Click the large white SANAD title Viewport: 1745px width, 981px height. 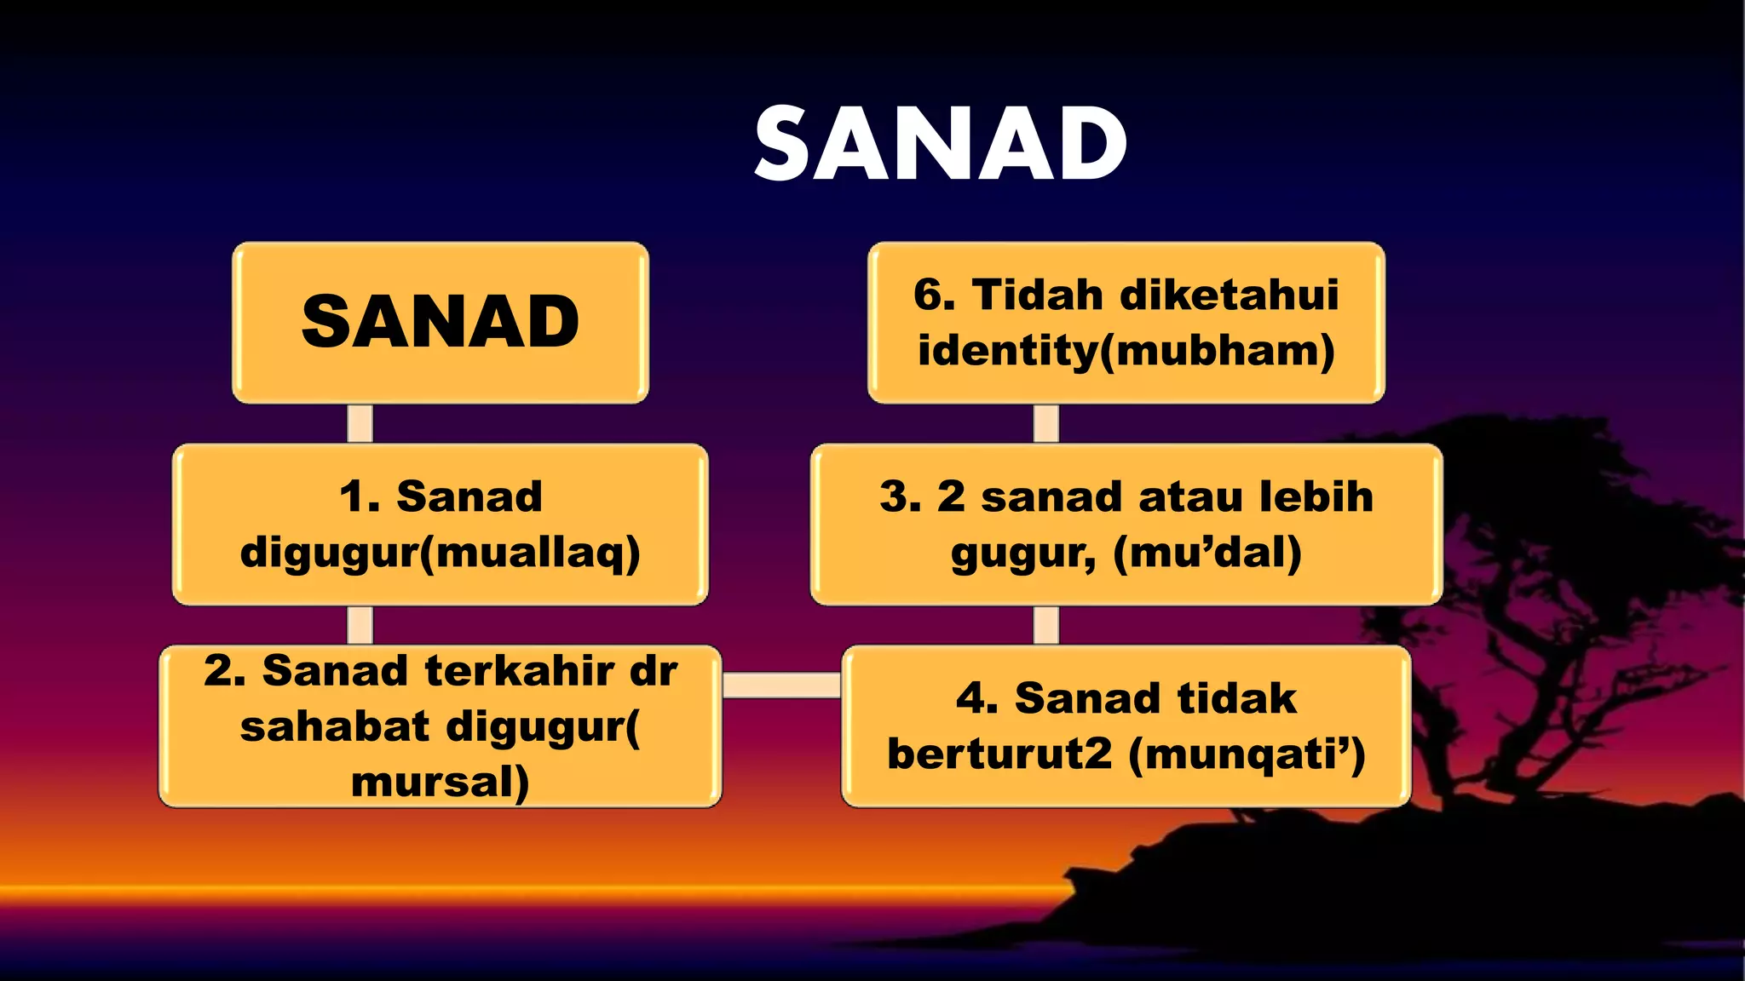tap(941, 145)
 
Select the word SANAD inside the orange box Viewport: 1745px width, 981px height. tap(440, 322)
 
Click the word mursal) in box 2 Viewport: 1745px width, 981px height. tap(440, 782)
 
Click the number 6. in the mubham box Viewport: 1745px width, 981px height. tap(934, 295)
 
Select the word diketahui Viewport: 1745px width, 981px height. tap(1229, 295)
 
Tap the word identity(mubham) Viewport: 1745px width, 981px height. tap(1126, 351)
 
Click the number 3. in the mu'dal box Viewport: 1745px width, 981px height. tap(900, 496)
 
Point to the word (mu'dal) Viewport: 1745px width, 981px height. tap(1207, 554)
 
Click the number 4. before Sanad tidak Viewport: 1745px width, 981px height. tap(976, 698)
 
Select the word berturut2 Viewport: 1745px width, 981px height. tap(999, 754)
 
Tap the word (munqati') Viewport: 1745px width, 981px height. tap(1247, 754)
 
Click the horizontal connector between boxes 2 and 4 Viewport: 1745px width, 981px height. tap(781, 685)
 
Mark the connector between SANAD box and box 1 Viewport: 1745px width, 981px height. tap(360, 423)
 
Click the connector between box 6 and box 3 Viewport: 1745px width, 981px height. tap(1045, 423)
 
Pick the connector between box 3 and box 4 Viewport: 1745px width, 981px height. tap(1045, 625)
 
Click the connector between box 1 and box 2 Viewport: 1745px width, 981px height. tap(360, 625)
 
